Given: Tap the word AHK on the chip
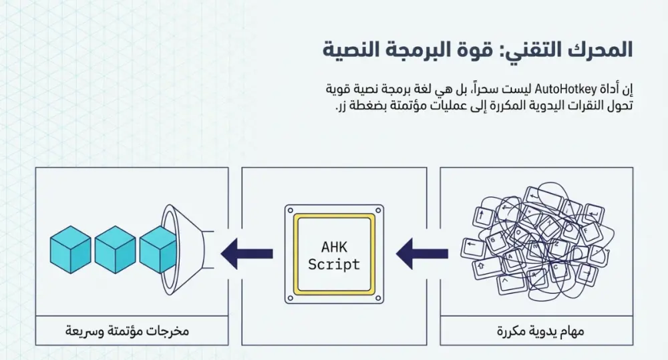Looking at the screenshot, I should pyautogui.click(x=334, y=247).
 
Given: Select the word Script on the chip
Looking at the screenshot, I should pyautogui.click(x=334, y=264).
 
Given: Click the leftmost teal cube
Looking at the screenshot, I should pyautogui.click(x=70, y=248).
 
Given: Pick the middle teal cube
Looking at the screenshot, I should pyautogui.click(x=115, y=248).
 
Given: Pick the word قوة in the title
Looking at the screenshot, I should pyautogui.click(x=476, y=49).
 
